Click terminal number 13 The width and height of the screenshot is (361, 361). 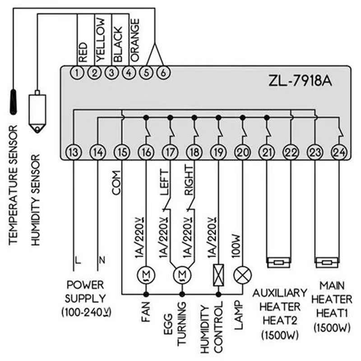pos(73,152)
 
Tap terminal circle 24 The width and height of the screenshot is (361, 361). pos(338,152)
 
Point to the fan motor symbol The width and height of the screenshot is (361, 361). pos(146,274)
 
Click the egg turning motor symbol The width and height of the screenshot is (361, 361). pos(182,274)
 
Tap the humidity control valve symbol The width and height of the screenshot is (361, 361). pos(218,274)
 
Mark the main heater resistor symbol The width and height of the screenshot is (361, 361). pos(325,262)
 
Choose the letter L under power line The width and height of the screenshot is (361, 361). pos(78,260)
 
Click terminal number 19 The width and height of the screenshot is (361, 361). pos(218,152)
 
